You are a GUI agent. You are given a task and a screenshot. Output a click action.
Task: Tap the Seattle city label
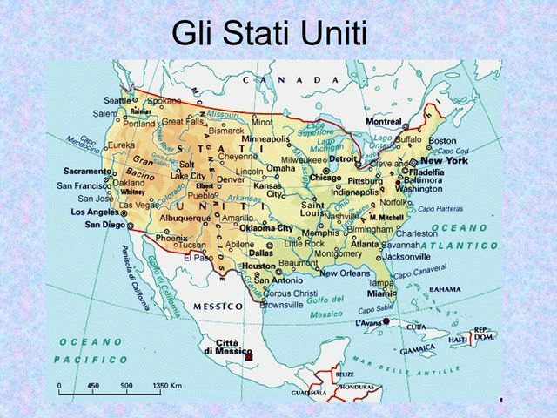[117, 99]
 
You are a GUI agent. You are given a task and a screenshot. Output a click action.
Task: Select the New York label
[444, 161]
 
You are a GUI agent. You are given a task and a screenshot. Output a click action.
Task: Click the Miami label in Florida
[381, 294]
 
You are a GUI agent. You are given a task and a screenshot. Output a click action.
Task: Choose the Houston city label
[259, 266]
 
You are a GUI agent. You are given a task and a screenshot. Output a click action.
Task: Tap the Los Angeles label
[94, 212]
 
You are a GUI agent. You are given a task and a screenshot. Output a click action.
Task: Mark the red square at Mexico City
[249, 357]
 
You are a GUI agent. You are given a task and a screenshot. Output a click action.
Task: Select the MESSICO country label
[218, 307]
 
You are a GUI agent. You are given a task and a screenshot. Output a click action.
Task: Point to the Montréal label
[384, 121]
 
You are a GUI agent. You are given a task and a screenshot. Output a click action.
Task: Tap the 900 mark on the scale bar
[126, 384]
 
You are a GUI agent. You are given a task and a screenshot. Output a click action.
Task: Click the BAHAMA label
[445, 288]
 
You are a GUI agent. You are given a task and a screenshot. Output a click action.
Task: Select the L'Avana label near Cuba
[370, 323]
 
